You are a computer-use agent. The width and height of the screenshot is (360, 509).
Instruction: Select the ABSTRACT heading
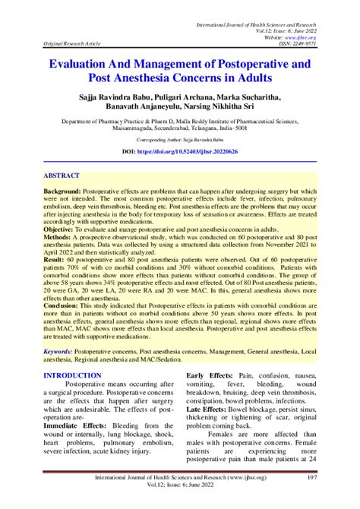63,175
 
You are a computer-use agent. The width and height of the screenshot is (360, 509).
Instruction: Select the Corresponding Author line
180,141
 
